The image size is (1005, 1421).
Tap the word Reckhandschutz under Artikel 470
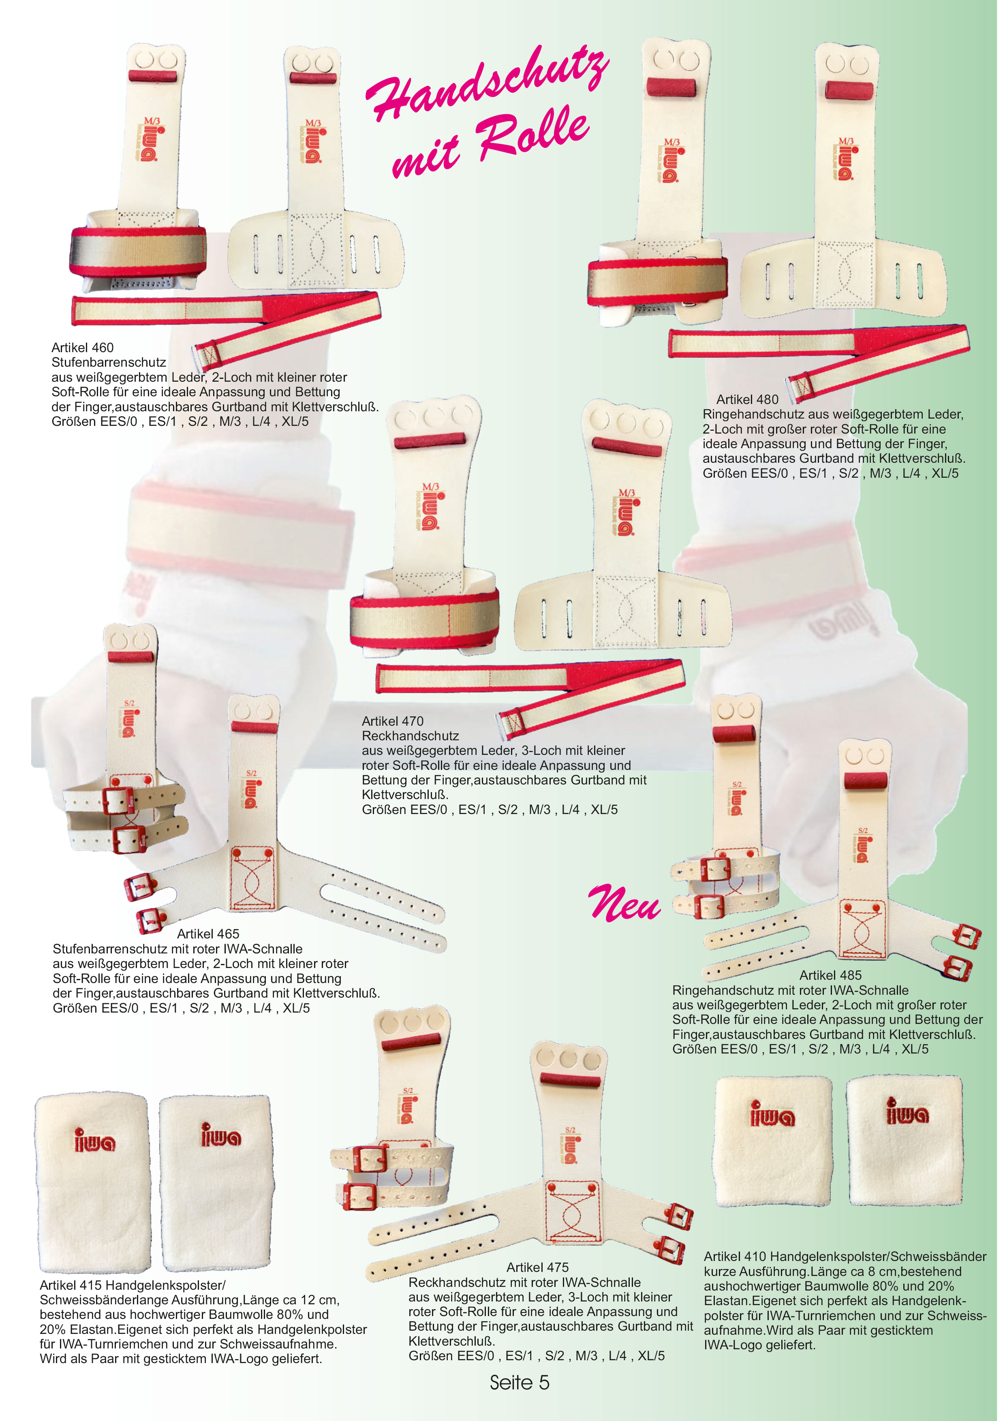point(410,737)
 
